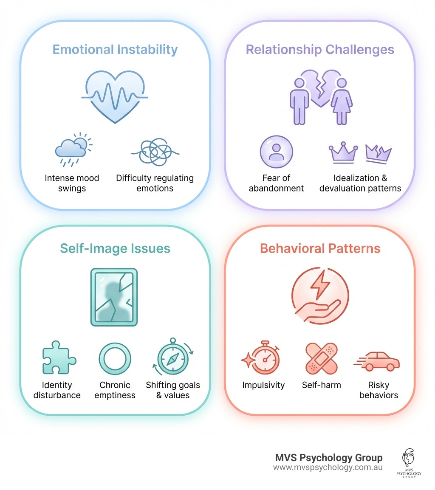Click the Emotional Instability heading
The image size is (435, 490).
115,49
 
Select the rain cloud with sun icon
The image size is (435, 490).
73,149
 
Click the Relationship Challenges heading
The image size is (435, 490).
320,49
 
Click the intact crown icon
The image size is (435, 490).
344,153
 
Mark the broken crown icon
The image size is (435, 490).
378,153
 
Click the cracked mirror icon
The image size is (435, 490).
114,297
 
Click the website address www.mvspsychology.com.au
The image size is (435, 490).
328,467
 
